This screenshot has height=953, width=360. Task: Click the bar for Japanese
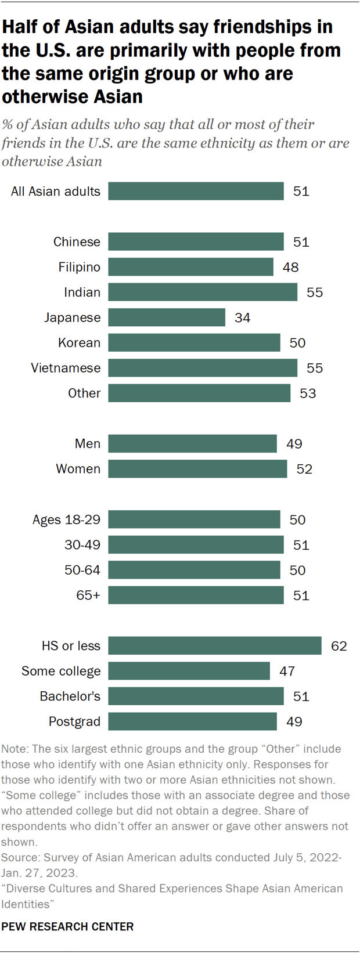tap(167, 317)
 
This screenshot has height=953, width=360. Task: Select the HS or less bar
tap(214, 645)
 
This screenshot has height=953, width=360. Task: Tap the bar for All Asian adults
tap(196, 192)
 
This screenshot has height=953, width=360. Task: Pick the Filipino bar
tap(190, 267)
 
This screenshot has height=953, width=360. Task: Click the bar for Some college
tap(189, 671)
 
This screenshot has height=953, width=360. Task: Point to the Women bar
tap(197, 469)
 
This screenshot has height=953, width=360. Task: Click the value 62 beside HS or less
tap(339, 646)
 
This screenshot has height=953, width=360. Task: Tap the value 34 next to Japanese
tap(242, 318)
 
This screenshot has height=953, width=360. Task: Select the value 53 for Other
tap(308, 394)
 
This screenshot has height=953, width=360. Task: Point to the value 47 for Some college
tap(287, 672)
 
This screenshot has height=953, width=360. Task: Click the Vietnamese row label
tap(66, 368)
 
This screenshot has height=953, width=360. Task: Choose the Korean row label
tap(79, 343)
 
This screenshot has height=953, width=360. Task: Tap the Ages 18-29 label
tap(66, 519)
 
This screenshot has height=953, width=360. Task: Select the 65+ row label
tap(88, 595)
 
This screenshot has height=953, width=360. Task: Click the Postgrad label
tap(74, 721)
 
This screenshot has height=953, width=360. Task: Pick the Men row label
tap(87, 444)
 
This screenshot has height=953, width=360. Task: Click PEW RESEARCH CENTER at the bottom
tap(67, 927)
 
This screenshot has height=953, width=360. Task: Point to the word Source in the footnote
tap(20, 857)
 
